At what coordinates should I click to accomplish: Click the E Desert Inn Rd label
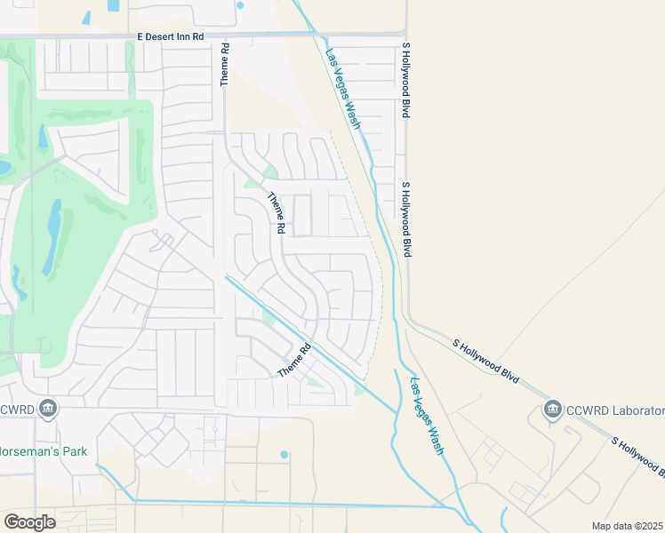tap(171, 36)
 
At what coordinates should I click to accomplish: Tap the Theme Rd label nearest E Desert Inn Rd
tap(225, 64)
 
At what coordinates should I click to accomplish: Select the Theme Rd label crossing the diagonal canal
tap(295, 360)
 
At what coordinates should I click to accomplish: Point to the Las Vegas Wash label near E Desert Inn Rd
tap(342, 88)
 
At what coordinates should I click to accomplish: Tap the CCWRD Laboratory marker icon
tap(552, 410)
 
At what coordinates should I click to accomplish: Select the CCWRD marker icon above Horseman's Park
tap(48, 409)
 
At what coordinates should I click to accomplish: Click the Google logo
tap(29, 521)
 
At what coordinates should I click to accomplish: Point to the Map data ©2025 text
tap(627, 526)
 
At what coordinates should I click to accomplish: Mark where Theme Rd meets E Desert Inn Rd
tap(225, 36)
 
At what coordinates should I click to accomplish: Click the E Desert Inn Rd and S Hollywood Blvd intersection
tap(405, 35)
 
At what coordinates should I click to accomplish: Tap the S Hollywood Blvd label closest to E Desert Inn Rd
tap(405, 81)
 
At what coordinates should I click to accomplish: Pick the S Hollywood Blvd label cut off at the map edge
tap(637, 456)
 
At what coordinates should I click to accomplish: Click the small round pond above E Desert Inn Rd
tap(240, 5)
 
